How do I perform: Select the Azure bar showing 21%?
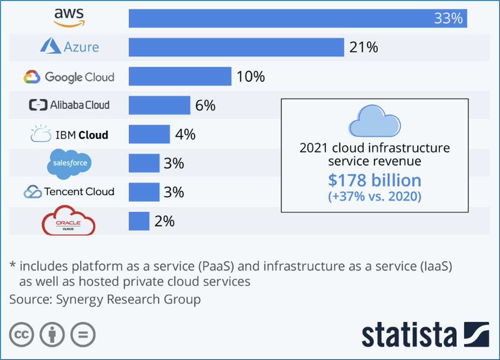pos(236,47)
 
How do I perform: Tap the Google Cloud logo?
pos(69,77)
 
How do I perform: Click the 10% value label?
pos(251,77)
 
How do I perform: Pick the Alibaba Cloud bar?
pos(159,105)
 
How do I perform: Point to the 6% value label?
pos(205,106)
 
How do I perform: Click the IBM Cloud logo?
pos(70,135)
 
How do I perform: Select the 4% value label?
pos(185,135)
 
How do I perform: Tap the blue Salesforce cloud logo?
pos(70,164)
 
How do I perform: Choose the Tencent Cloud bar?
pos(144,192)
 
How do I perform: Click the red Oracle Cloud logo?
pos(69,220)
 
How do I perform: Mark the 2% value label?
pos(164,221)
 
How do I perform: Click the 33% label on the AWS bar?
pos(448,19)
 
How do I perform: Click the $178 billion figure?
pos(374,181)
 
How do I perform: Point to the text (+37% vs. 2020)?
pos(374,197)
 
